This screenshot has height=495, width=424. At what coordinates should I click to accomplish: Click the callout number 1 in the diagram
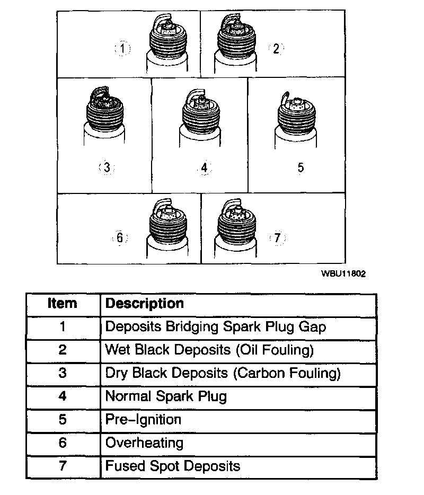coord(123,49)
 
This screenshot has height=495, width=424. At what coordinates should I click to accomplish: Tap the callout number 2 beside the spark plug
coord(276,49)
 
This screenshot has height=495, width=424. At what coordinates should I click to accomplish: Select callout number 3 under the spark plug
coord(107,167)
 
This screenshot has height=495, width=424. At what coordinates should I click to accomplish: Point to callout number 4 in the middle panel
coord(205,168)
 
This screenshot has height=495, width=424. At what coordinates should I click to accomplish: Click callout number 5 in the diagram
coord(301,167)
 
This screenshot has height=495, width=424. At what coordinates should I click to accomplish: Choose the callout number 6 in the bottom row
coord(120,237)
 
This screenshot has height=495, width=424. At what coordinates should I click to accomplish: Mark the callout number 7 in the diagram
coord(277,238)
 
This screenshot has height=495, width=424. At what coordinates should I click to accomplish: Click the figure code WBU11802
coord(343,274)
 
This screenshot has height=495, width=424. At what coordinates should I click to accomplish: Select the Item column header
coord(62,304)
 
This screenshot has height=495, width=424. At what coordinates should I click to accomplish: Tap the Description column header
coord(145,304)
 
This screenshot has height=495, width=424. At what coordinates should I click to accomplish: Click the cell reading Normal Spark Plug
coord(166,396)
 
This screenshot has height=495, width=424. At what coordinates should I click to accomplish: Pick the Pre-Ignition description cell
coord(143,420)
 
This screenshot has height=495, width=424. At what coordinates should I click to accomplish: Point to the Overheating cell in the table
coord(144,443)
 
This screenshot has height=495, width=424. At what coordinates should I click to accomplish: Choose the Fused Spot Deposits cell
coord(173,466)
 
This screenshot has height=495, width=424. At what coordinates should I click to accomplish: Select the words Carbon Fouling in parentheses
coord(286,373)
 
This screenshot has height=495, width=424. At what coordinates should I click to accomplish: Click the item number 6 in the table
coord(63,443)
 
